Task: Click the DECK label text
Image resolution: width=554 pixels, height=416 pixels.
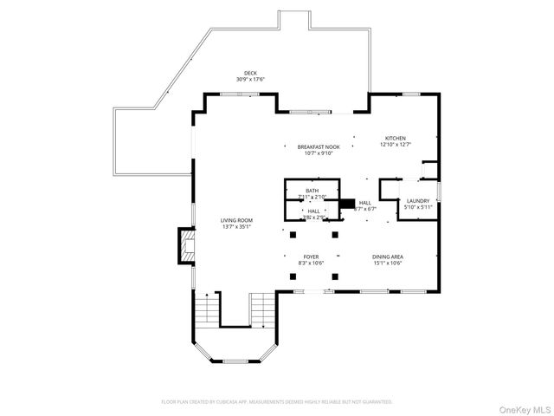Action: point(250,73)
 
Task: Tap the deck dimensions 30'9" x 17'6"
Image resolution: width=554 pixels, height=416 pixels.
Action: point(250,80)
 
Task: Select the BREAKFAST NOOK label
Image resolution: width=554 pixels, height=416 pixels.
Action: point(319,147)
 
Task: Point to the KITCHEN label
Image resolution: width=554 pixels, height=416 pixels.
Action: point(396,138)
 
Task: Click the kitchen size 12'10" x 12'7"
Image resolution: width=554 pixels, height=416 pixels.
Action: point(396,145)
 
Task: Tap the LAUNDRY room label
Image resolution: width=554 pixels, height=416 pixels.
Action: point(418,200)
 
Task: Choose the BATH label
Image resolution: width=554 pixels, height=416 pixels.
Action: point(312,191)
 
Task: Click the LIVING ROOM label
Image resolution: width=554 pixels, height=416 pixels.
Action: point(236,221)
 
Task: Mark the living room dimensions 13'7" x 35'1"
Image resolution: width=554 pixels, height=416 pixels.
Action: point(236,228)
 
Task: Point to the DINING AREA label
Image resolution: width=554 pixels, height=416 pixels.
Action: point(389,257)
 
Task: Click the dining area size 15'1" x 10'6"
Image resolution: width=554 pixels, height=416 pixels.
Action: point(389,263)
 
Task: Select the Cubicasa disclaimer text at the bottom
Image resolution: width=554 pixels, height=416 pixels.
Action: point(277,402)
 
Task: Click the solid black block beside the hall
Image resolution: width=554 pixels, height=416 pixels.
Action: point(347,205)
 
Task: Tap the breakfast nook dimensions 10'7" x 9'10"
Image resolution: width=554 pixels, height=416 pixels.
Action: point(319,154)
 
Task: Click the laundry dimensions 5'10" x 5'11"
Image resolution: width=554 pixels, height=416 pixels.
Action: point(418,207)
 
